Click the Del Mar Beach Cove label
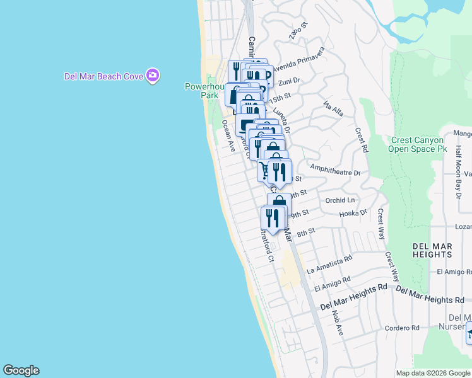103,76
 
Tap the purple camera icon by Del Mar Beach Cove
152,76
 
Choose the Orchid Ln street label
340,200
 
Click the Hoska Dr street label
353,213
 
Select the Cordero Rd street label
402,328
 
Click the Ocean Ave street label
228,137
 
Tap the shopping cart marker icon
264,170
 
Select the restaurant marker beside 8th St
272,218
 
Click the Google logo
21,370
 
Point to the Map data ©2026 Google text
432,373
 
